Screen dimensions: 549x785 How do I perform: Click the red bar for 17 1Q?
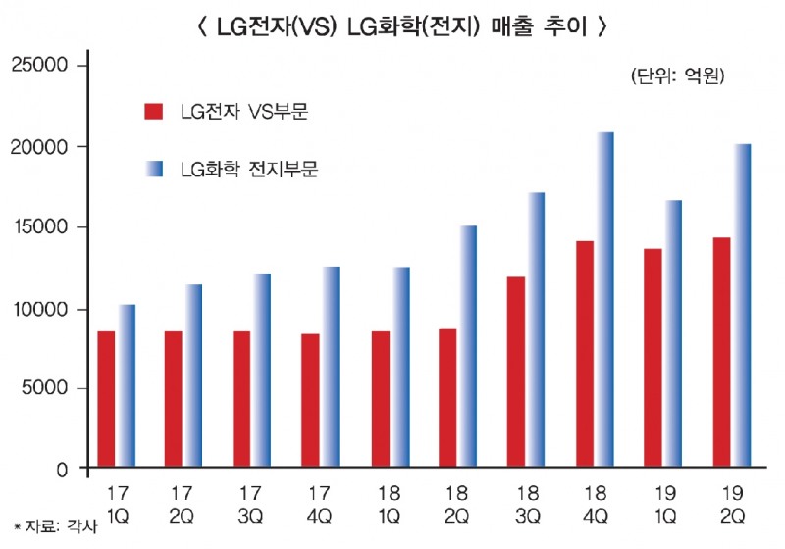[x=106, y=400]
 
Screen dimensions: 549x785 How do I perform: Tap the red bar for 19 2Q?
[x=721, y=353]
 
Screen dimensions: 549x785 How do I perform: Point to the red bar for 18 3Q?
[x=516, y=373]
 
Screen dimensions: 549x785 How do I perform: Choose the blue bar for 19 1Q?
[x=674, y=333]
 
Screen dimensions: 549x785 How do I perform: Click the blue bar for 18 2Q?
[x=469, y=347]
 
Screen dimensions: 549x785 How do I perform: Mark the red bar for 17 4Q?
[x=311, y=401]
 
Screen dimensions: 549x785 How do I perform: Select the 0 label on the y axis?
[x=61, y=470]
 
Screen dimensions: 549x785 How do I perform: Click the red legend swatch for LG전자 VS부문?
[x=153, y=110]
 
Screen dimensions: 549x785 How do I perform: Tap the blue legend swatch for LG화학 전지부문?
[x=153, y=168]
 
